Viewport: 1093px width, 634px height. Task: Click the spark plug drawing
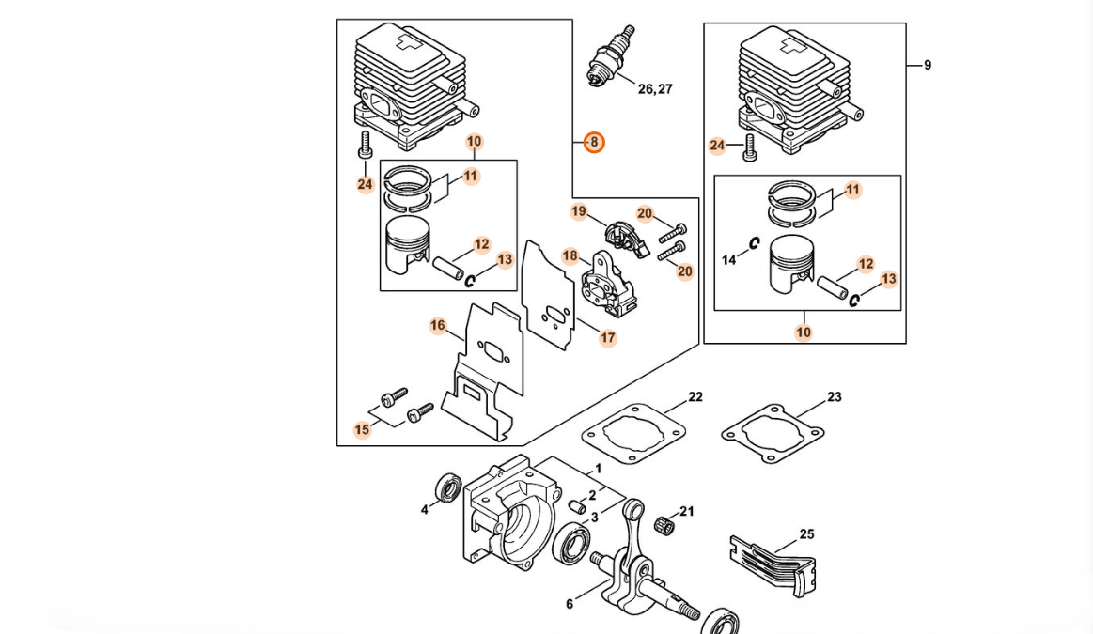pyautogui.click(x=610, y=56)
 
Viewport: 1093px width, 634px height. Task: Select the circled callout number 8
pyautogui.click(x=594, y=143)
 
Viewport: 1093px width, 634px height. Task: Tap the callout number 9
pyautogui.click(x=928, y=66)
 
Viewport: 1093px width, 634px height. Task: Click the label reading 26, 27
pyautogui.click(x=655, y=89)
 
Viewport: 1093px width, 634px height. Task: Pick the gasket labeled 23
pyautogui.click(x=773, y=433)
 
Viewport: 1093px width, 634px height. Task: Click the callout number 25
pyautogui.click(x=806, y=534)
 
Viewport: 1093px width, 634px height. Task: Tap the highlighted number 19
pyautogui.click(x=579, y=212)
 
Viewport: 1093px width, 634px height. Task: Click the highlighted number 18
pyautogui.click(x=570, y=255)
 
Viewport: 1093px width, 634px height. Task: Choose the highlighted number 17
pyautogui.click(x=608, y=338)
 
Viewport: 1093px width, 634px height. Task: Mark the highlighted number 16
pyautogui.click(x=438, y=326)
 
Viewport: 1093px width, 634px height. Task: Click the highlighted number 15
pyautogui.click(x=363, y=430)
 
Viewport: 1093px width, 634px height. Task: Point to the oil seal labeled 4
pyautogui.click(x=448, y=489)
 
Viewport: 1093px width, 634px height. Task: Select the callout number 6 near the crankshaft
pyautogui.click(x=570, y=604)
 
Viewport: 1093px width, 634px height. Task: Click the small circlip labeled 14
pyautogui.click(x=754, y=244)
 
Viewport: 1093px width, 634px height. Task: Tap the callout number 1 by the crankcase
pyautogui.click(x=598, y=469)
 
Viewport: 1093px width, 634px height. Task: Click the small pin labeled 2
pyautogui.click(x=576, y=507)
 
